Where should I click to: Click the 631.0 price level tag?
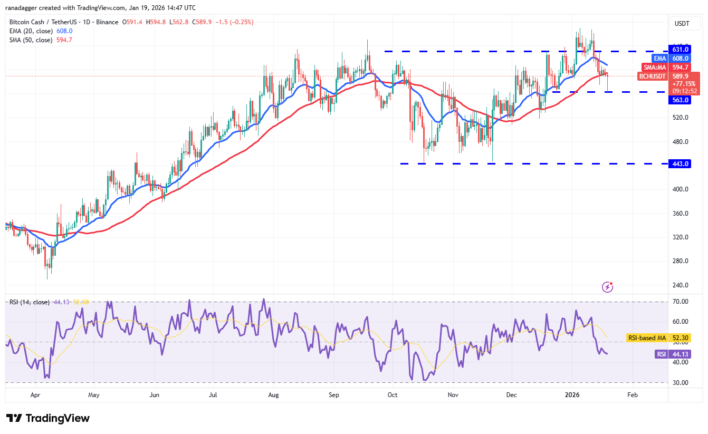[x=680, y=50]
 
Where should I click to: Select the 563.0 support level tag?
[x=680, y=100]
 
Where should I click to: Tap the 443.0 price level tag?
[x=680, y=164]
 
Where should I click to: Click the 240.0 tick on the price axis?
[x=680, y=285]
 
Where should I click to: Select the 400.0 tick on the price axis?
[x=680, y=189]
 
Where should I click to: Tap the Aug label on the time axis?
[x=273, y=394]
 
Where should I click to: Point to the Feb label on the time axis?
[x=633, y=394]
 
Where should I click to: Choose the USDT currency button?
[x=682, y=24]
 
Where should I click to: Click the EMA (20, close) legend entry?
[x=30, y=31]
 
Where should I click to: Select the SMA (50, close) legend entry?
[x=30, y=40]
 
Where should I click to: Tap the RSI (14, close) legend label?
[x=30, y=302]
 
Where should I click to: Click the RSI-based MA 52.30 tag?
[x=662, y=338]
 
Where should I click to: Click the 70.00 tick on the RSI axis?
[x=681, y=302]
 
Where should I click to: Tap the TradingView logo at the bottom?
[x=48, y=418]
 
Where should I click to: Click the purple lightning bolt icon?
[x=608, y=287]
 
